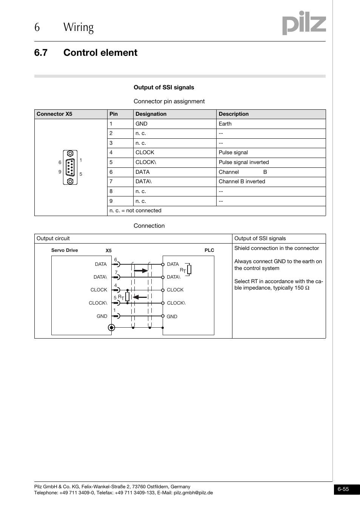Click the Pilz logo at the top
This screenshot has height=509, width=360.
tap(304, 23)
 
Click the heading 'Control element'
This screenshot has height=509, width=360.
tap(100, 52)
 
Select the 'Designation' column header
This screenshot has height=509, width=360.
tap(151, 114)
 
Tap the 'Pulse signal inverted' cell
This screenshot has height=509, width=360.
tap(244, 162)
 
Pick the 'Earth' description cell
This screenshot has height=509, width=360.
tap(225, 124)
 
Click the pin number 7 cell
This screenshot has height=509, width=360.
tap(111, 181)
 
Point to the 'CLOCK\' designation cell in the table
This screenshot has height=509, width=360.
tap(146, 162)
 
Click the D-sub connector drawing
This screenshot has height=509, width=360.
tap(70, 167)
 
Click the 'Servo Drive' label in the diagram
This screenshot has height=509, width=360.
tap(65, 250)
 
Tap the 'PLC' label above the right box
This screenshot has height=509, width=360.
tap(209, 250)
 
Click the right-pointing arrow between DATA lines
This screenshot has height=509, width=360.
tap(141, 270)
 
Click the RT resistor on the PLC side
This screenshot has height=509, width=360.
tap(189, 270)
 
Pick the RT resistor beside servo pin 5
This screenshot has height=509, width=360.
tap(127, 297)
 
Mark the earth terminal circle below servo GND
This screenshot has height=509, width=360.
tap(111, 328)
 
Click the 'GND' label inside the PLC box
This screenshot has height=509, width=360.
tap(172, 317)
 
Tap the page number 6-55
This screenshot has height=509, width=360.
tap(343, 489)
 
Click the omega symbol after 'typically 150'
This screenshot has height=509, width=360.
tap(307, 288)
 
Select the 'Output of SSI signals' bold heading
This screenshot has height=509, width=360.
tap(164, 87)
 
